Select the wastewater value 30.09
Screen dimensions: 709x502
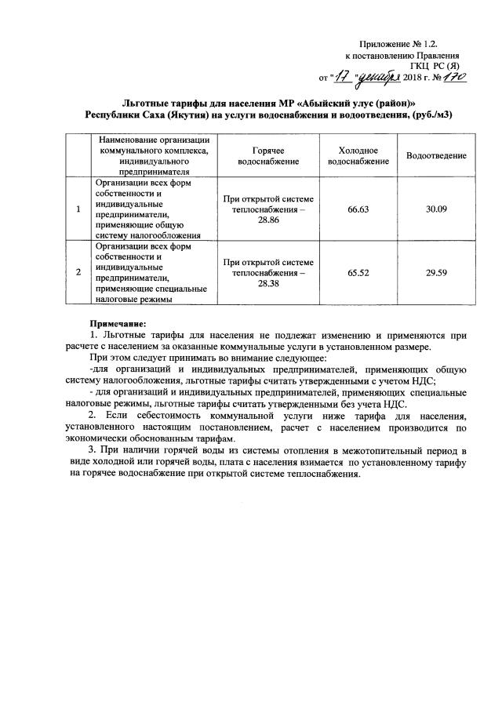[x=436, y=210]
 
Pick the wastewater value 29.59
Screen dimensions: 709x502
[x=436, y=272]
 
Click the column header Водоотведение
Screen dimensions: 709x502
[x=436, y=156]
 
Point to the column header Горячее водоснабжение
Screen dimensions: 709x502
[x=268, y=155]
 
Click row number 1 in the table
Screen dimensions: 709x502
[x=78, y=210]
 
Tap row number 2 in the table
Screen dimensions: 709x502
[x=78, y=272]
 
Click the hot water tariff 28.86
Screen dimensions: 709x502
[x=268, y=223]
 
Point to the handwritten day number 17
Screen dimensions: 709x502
[x=344, y=77]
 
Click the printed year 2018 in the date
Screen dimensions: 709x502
[x=413, y=78]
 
